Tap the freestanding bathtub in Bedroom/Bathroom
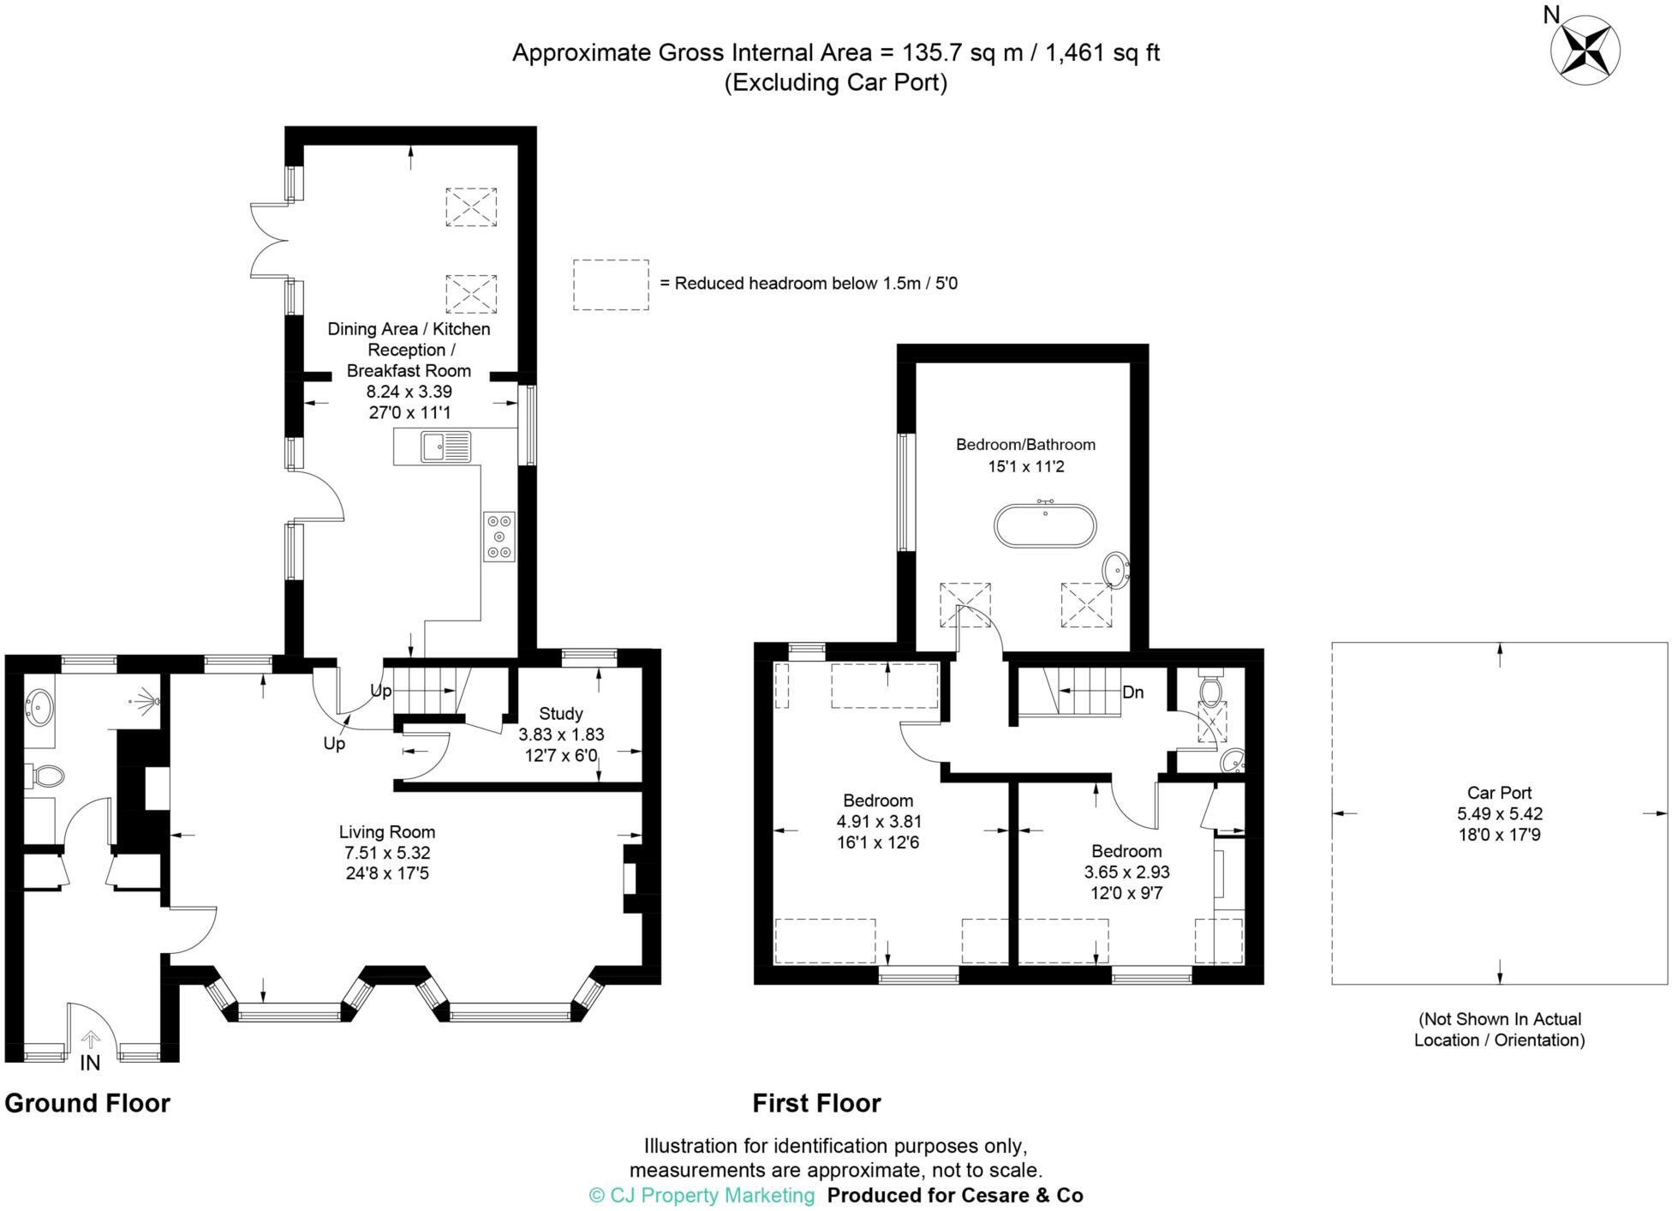tap(1044, 525)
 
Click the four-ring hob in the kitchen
tap(499, 537)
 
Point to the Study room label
tap(561, 714)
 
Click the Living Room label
tap(387, 832)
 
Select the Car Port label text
tap(1499, 794)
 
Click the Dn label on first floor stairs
tap(1132, 692)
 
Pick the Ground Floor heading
tap(87, 1103)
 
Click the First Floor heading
tap(816, 1103)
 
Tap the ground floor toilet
tap(46, 776)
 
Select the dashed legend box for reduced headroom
tap(611, 284)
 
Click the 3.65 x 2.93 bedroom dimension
tap(1126, 872)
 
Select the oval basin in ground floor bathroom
tap(39, 704)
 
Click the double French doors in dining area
tap(268, 240)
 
